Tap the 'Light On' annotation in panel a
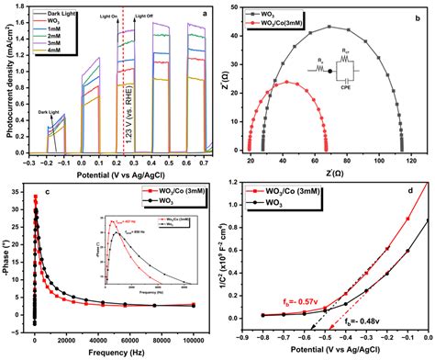point(110,16)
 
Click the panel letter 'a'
point(206,10)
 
